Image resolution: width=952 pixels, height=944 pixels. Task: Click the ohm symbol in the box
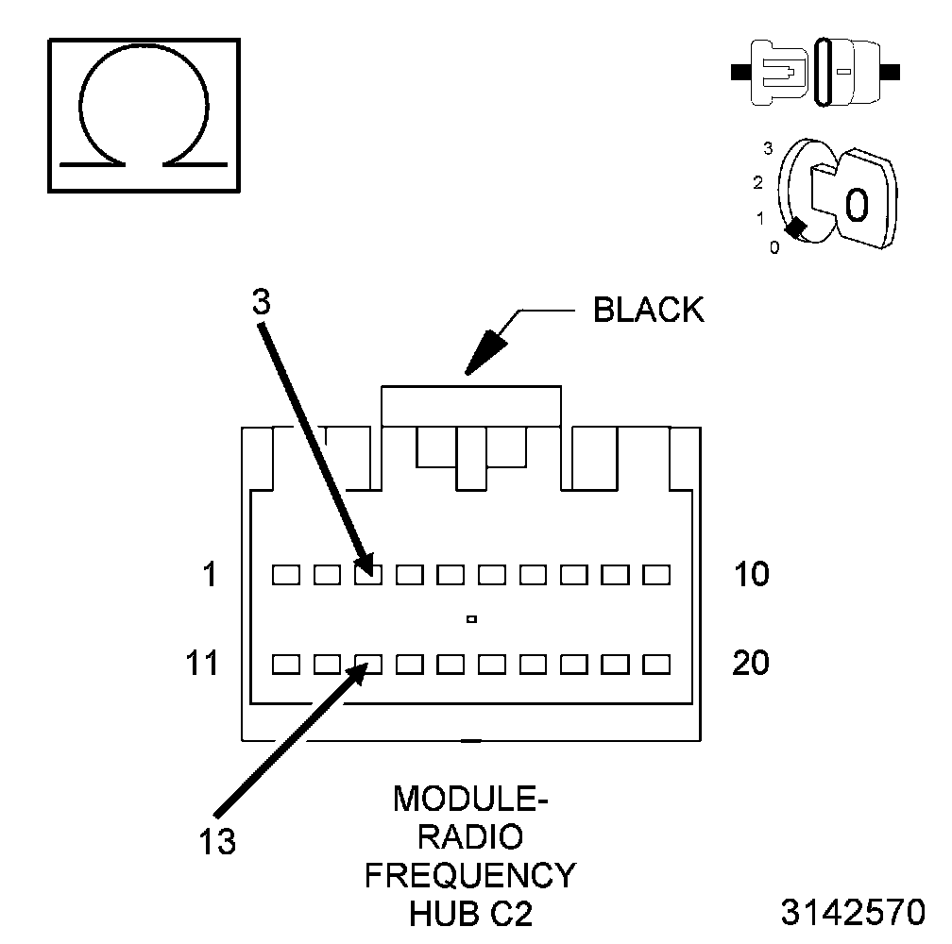pyautogui.click(x=144, y=115)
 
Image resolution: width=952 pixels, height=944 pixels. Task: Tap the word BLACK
pyautogui.click(x=648, y=310)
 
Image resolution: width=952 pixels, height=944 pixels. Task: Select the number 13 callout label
pyautogui.click(x=217, y=841)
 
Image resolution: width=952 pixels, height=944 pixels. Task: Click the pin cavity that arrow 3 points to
pyautogui.click(x=368, y=573)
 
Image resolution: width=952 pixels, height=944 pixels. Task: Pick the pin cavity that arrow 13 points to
pyautogui.click(x=368, y=664)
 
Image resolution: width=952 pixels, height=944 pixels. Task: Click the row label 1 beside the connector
pyautogui.click(x=210, y=574)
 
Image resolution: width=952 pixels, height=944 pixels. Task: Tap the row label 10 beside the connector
pyautogui.click(x=751, y=574)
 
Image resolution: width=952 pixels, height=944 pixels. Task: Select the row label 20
pyautogui.click(x=752, y=664)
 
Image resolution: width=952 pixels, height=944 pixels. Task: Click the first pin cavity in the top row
pyautogui.click(x=285, y=573)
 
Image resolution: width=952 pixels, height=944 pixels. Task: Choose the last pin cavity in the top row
pyautogui.click(x=655, y=573)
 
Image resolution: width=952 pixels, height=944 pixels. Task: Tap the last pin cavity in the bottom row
pyautogui.click(x=655, y=664)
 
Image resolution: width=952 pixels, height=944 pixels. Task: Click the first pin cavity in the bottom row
pyautogui.click(x=285, y=664)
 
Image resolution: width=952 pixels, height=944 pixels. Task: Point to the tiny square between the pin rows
pyautogui.click(x=470, y=619)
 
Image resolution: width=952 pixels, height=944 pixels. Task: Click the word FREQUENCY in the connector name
pyautogui.click(x=470, y=875)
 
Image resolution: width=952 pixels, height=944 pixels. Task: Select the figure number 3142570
pyautogui.click(x=852, y=913)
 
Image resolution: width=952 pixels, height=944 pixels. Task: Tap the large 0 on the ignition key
pyautogui.click(x=857, y=205)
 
